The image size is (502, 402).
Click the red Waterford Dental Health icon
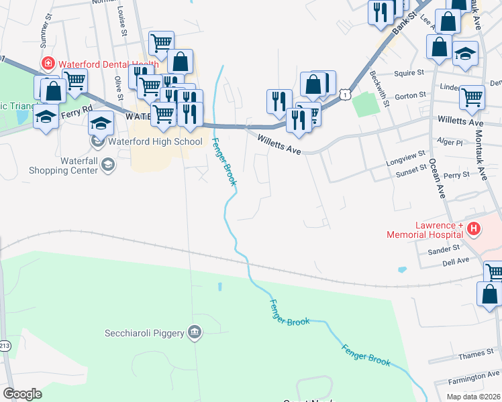pos(48,64)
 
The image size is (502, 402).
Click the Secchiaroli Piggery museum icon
pos(194,332)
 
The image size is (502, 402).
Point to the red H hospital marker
pos(474,229)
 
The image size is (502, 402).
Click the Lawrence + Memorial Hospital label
pos(424,229)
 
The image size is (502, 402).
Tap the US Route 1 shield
pos(344,95)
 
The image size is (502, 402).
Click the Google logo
pos(23,393)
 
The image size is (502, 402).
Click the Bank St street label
pos(404,27)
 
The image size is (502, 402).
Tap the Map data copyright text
pos(472,397)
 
